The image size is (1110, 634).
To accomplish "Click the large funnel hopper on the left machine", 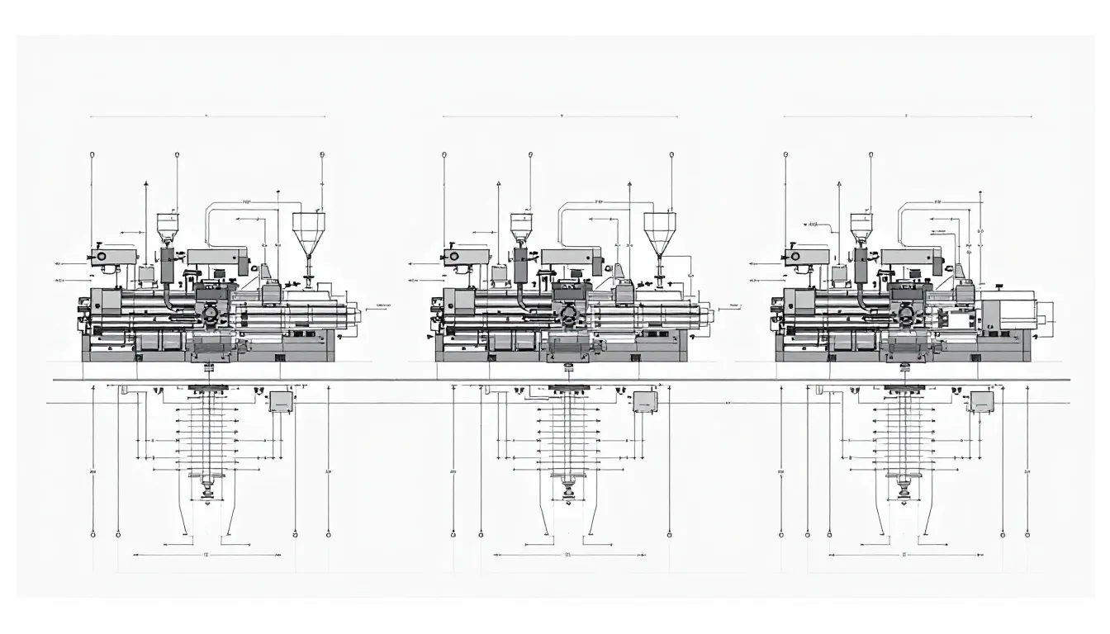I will [309, 230].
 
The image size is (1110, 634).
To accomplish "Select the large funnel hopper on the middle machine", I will [660, 230].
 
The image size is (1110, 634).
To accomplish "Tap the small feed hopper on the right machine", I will [861, 225].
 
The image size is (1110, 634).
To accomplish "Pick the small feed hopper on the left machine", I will [168, 225].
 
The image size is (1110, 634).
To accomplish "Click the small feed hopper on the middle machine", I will [521, 225].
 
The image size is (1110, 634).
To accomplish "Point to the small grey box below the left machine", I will [281, 401].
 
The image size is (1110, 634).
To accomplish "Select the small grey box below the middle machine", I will [645, 401].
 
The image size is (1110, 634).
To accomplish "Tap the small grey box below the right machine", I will [982, 401].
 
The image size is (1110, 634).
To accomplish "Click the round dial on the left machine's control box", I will [102, 257].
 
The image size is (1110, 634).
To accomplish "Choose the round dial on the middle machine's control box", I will [453, 257].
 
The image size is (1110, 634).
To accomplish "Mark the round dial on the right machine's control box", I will [795, 257].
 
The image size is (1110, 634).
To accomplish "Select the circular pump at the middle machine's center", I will [567, 315].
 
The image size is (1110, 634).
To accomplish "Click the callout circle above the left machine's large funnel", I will [322, 154].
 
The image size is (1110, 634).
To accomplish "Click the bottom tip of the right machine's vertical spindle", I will [906, 495].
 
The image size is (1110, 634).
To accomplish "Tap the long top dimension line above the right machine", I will [907, 117].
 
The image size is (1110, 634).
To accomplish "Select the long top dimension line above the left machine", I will [206, 117].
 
